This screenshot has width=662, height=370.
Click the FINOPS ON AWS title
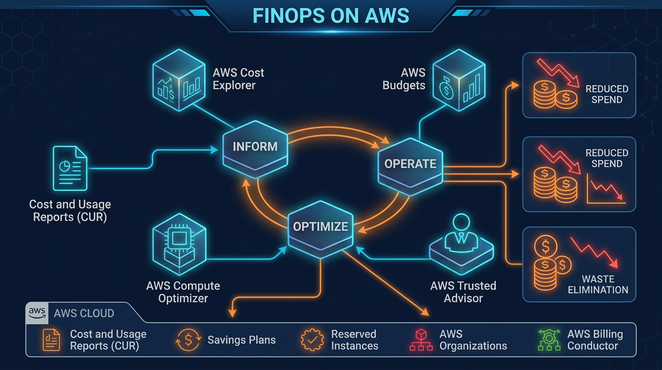pyautogui.click(x=331, y=16)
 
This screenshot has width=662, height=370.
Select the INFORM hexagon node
pyautogui.click(x=255, y=146)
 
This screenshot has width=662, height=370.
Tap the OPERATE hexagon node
pyautogui.click(x=410, y=164)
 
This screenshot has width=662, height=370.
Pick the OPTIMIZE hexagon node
pyautogui.click(x=320, y=226)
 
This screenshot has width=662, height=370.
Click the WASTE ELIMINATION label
pyautogui.click(x=598, y=284)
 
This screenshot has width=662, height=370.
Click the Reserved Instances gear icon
pyautogui.click(x=312, y=340)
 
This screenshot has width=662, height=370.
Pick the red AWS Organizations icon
pyautogui.click(x=421, y=340)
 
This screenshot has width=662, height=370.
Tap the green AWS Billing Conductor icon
pyautogui.click(x=549, y=340)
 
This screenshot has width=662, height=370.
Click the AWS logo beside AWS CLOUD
pyautogui.click(x=37, y=313)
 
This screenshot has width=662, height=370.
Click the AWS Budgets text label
pyautogui.click(x=404, y=79)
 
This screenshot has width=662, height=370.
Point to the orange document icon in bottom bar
pyautogui.click(x=51, y=340)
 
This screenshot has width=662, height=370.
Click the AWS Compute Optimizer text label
pyautogui.click(x=183, y=292)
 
